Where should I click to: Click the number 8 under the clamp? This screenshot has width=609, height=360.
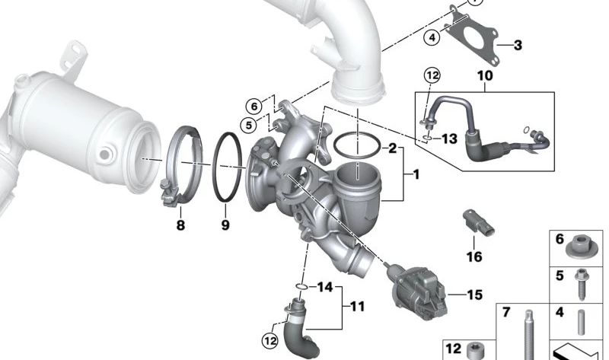coord(180,225)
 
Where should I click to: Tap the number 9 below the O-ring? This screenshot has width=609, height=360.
coord(225,225)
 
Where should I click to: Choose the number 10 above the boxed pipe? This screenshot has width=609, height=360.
coord(485,75)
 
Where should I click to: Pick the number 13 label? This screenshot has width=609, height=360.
coord(450,139)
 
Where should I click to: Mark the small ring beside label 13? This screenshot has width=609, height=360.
coord(427,138)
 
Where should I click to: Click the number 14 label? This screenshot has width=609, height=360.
coord(325,287)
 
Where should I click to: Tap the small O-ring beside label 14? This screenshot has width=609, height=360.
coord(301,287)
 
